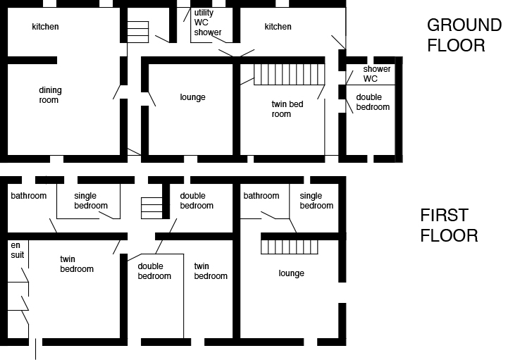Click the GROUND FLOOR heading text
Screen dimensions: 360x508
pos(463,36)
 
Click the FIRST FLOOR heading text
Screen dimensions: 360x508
pos(449,225)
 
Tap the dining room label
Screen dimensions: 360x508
pos(49,95)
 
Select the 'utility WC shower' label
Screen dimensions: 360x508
pos(207,23)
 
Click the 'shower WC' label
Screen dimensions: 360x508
pos(376,73)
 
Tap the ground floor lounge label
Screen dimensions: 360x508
pos(192,97)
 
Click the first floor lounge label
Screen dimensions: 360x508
pos(291,273)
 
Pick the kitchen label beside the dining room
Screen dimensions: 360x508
pos(45,27)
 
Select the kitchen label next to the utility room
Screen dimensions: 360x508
pos(278,27)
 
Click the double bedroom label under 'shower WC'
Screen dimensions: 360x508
pos(373,102)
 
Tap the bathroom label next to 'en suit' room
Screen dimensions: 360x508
pos(28,196)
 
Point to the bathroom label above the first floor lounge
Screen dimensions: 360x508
pos(261,196)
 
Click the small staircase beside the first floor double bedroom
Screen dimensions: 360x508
pos(151,208)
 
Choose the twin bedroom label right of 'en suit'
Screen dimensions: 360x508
pos(77,263)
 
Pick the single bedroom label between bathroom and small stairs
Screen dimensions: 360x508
pos(91,201)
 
